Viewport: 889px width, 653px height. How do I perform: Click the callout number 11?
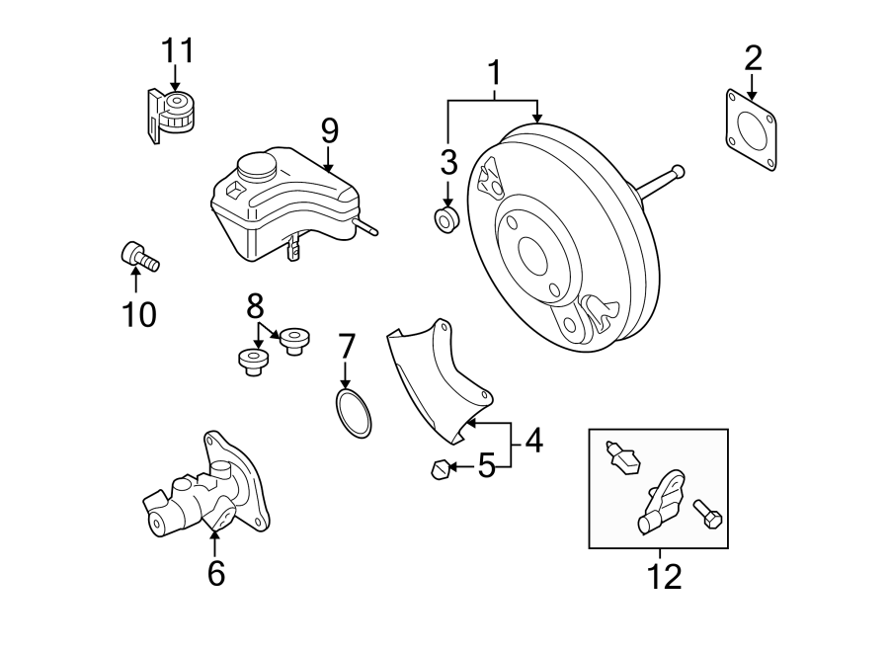[x=179, y=49]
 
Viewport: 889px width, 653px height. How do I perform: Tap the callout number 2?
[x=753, y=58]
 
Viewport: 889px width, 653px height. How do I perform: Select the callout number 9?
[x=329, y=129]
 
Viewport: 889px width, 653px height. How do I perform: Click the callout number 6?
[x=216, y=572]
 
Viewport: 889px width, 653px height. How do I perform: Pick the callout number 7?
[x=346, y=346]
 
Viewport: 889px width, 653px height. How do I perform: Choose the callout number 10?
[x=138, y=314]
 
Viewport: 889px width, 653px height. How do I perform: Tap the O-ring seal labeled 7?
[x=353, y=413]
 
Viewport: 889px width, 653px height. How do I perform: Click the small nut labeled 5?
[x=439, y=470]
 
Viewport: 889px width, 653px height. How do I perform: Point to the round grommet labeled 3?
[x=446, y=220]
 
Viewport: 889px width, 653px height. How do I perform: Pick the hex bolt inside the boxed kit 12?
[x=708, y=513]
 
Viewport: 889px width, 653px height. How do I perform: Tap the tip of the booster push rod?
[x=677, y=171]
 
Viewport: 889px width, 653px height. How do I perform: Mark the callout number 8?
[x=256, y=302]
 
